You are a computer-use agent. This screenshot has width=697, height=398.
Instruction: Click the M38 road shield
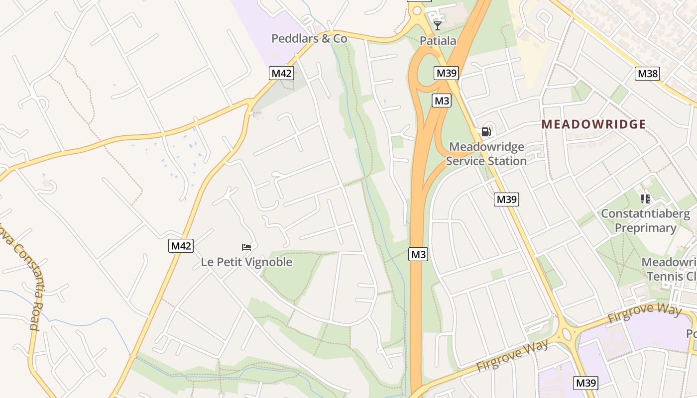(x=648, y=74)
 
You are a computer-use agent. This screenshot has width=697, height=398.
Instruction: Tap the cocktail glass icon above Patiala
(x=438, y=25)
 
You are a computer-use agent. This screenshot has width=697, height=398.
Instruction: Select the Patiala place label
(x=438, y=41)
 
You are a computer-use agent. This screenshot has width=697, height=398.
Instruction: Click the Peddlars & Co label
(x=309, y=38)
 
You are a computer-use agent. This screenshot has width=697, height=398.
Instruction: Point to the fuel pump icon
(x=486, y=132)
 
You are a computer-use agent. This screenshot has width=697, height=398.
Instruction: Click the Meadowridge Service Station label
(x=486, y=154)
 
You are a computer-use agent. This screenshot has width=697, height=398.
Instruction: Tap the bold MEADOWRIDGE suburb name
(x=593, y=124)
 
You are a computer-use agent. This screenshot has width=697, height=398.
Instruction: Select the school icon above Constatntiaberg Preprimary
(x=645, y=199)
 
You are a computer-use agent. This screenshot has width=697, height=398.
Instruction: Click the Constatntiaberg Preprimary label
(x=645, y=221)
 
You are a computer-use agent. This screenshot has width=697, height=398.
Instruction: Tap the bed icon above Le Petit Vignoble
(x=246, y=247)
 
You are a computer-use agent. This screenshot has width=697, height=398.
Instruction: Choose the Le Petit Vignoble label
(x=246, y=262)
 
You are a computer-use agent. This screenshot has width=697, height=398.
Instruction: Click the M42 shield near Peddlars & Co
(x=282, y=74)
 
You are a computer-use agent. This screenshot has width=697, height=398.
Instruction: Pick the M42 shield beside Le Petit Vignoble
(x=181, y=246)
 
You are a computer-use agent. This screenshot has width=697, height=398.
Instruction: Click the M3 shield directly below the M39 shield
(x=442, y=101)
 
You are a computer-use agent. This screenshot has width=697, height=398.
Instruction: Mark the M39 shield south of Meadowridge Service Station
(x=507, y=199)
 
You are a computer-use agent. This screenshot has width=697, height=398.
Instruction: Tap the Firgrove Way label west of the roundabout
(x=513, y=355)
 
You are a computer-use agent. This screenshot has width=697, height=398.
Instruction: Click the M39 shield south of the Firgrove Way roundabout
(x=585, y=383)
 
